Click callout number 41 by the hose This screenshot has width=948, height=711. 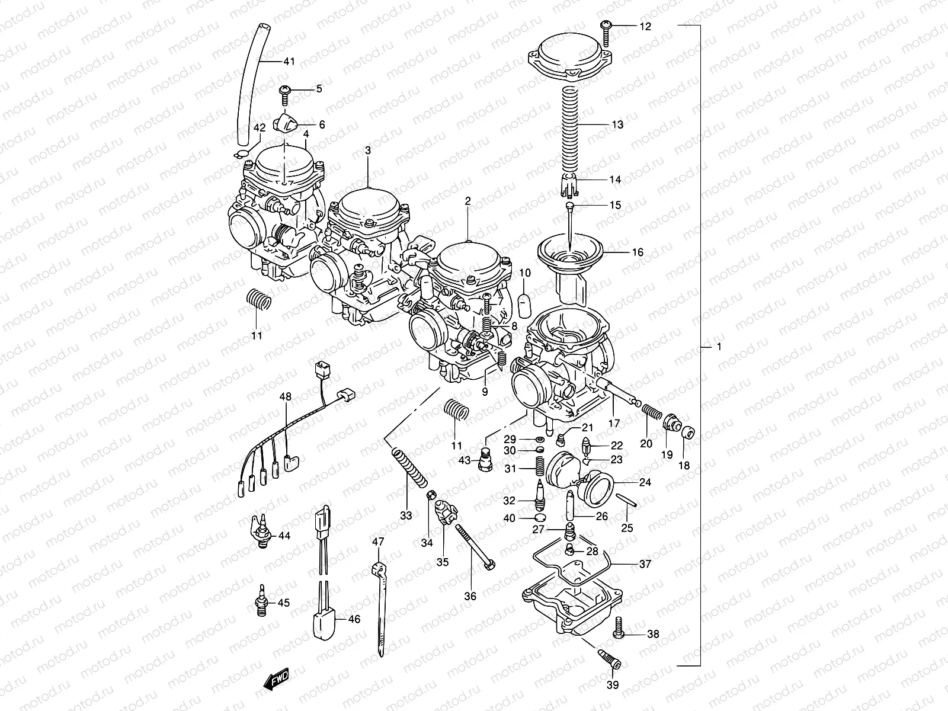click(x=289, y=62)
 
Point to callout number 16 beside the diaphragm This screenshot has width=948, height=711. click(x=638, y=252)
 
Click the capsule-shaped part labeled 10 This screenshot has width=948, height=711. click(x=525, y=305)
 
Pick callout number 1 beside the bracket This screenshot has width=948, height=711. click(x=719, y=347)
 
